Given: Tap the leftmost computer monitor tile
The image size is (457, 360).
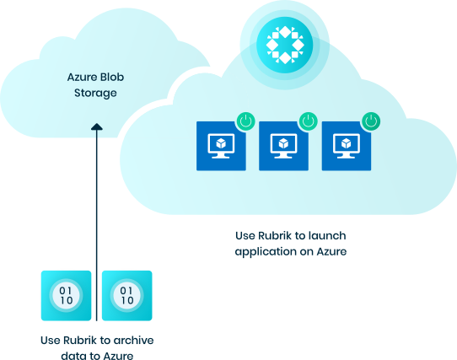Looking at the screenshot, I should point(221,146).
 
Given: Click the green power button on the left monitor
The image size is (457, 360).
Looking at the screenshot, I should point(245,121).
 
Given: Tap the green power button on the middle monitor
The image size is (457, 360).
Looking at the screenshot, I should point(308,121).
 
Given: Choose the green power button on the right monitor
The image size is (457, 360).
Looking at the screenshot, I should point(370,121).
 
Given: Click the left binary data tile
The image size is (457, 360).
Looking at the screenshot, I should point(66,296).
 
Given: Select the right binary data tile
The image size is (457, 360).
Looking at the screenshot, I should point(126,296).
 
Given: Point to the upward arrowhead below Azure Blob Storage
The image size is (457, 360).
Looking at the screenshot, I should point(96,128).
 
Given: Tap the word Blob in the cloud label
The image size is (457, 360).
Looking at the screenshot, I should point(113,77).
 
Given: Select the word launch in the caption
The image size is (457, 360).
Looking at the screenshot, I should point(328,234).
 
